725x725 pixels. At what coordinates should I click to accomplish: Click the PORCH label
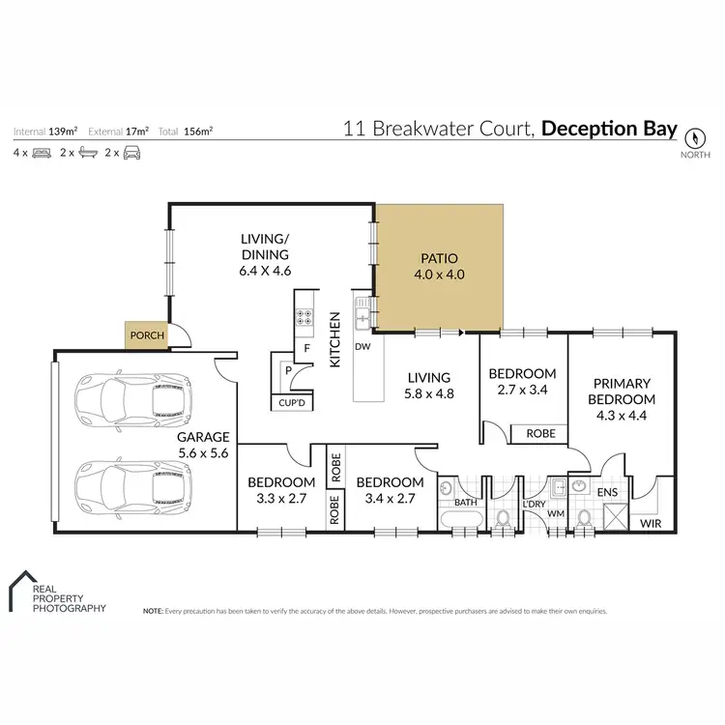point(147,336)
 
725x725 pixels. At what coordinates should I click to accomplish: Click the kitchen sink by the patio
point(363,311)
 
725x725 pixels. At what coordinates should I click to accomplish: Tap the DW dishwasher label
point(362,346)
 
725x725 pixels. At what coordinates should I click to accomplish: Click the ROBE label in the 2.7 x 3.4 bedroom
point(540,434)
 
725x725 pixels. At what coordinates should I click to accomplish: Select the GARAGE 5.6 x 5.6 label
point(204,444)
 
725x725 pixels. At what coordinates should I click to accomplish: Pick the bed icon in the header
point(41,153)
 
